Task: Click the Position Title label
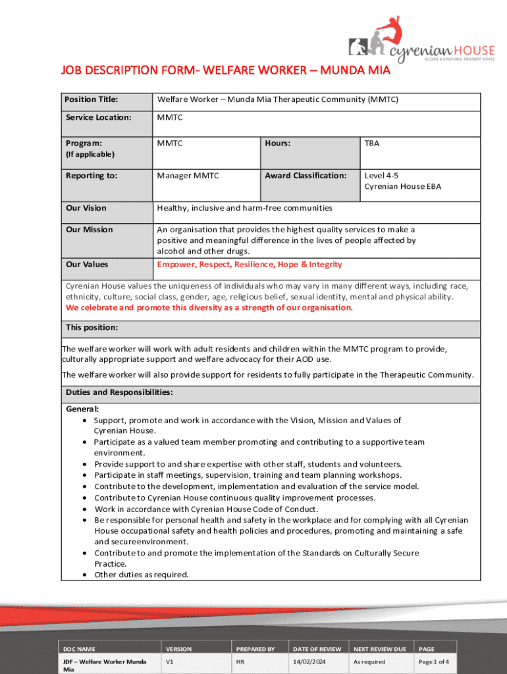point(92,100)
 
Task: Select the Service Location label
point(99,118)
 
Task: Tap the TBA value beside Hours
point(372,143)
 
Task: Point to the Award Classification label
point(306,176)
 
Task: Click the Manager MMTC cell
point(188,176)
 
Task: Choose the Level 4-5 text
point(381,176)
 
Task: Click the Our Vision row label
point(86,208)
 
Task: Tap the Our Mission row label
point(89,230)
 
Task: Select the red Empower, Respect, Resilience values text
point(250,265)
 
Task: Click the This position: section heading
point(92,327)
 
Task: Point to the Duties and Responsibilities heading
point(119,392)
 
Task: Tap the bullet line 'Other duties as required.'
point(141,575)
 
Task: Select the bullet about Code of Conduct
point(206,509)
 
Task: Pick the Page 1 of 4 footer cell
point(434,662)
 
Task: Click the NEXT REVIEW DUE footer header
point(380,649)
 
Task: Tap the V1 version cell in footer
point(170,662)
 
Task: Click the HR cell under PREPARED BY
point(240,662)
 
